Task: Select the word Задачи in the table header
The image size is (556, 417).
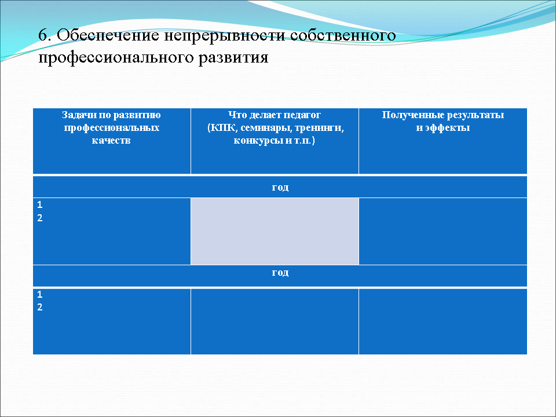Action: (78, 115)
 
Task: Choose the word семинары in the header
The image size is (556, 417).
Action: (262, 127)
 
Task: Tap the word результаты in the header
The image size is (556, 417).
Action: (474, 115)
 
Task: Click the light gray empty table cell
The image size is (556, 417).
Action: (275, 231)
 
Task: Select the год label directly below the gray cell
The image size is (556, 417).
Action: (280, 272)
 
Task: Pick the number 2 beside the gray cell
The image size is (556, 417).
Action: (39, 218)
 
